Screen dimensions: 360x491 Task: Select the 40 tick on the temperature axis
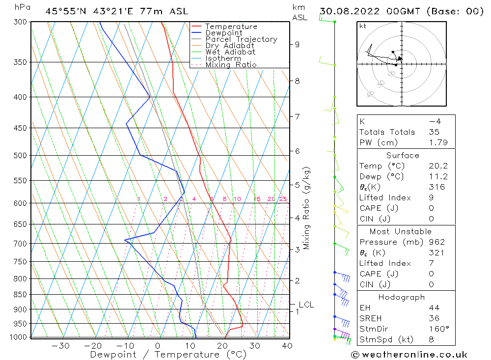coord(287,346)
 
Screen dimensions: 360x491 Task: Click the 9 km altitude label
coord(297,44)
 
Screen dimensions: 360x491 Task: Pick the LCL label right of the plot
coord(306,305)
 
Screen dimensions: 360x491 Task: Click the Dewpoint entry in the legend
coord(223,33)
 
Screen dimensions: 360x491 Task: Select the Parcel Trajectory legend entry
coord(241,39)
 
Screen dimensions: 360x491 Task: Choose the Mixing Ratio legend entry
coord(231,65)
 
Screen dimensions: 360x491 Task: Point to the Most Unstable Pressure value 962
coord(436,242)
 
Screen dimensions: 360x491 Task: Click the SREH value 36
coord(434,318)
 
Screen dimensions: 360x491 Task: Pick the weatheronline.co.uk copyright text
coord(409,355)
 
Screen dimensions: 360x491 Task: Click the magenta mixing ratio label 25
coord(283,199)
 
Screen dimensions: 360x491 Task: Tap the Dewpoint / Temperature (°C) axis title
coord(168,354)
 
